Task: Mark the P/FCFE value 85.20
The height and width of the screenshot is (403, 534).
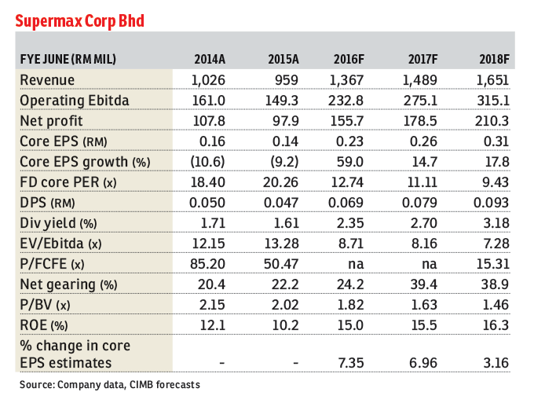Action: [208, 264]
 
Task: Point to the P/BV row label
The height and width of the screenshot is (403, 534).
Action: [44, 305]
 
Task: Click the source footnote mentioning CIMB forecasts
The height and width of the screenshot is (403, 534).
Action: [110, 386]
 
